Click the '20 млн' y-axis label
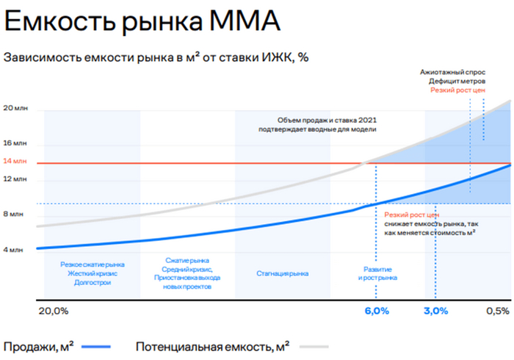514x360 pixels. tap(15, 108)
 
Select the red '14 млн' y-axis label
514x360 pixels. tap(15, 161)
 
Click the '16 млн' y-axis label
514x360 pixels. tap(15, 143)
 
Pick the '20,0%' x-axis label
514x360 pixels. tap(53, 311)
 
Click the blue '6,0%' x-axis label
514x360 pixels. tap(377, 311)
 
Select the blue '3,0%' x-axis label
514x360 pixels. tap(435, 311)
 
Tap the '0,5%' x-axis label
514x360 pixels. tap(496, 311)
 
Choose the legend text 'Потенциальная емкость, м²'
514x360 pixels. tap(212, 345)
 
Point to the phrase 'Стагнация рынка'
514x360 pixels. tap(283, 273)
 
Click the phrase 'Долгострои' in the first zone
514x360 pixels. tap(93, 282)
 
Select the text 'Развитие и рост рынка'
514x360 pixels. tap(377, 273)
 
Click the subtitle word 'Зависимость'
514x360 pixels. tap(41, 57)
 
